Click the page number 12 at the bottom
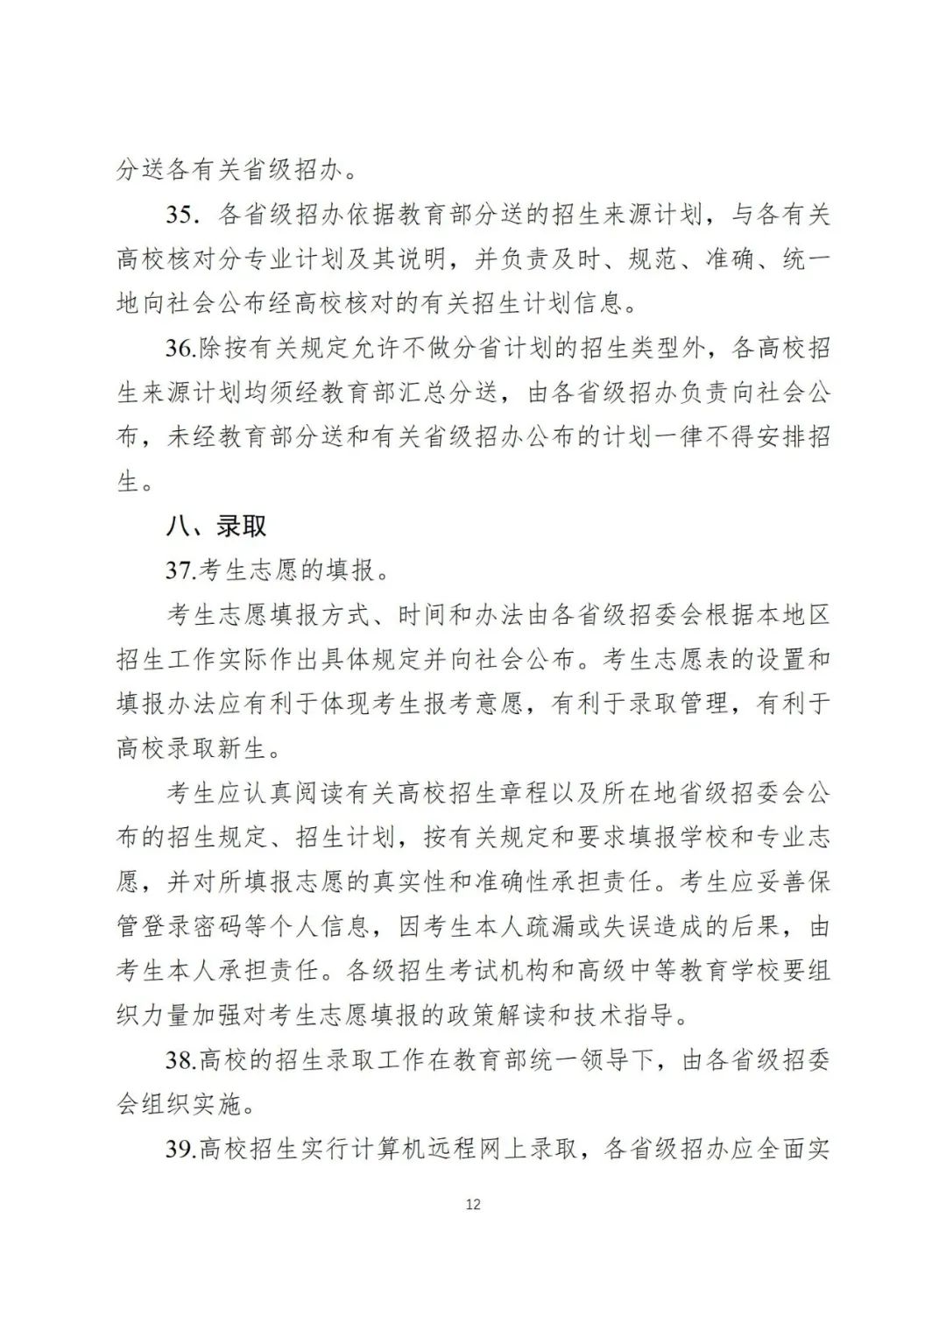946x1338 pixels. click(473, 1204)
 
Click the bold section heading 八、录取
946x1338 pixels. click(216, 526)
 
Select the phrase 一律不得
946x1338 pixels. click(693, 437)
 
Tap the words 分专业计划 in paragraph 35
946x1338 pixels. click(256, 259)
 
